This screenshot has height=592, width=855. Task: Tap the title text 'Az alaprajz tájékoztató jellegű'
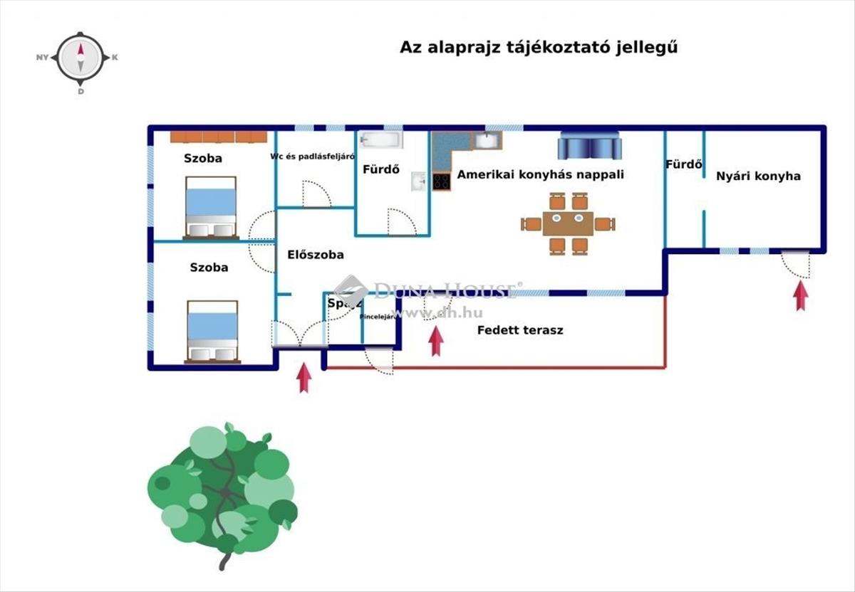point(537,48)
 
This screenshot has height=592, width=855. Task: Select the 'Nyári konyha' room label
point(758,176)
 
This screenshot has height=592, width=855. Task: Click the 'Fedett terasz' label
point(520,330)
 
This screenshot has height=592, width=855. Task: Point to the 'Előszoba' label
point(316,254)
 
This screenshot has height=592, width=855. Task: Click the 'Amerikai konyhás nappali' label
point(540,174)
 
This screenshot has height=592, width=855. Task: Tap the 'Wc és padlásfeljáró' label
point(312,157)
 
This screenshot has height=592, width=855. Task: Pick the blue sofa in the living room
point(589,146)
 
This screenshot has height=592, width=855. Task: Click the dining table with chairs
point(568,223)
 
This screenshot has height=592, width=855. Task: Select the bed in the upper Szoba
point(210,207)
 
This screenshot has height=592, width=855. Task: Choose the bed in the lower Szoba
point(212,331)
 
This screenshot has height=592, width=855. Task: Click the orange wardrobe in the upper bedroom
point(218,137)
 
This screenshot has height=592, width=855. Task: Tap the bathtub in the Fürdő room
point(380,139)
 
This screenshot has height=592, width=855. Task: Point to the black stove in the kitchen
point(441,181)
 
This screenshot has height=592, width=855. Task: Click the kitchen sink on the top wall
point(487,140)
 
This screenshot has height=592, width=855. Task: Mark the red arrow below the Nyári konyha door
point(801,295)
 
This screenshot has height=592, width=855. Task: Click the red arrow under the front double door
point(304,378)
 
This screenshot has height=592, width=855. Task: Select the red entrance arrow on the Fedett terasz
point(436,341)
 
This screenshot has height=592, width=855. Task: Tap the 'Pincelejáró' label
point(378,317)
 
